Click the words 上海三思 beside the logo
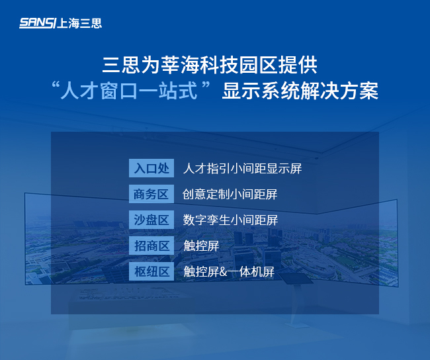click(80, 23)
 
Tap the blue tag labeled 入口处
click(151, 168)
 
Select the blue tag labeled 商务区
click(151, 194)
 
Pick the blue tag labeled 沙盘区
click(151, 220)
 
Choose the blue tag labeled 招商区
click(151, 246)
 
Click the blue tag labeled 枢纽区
click(151, 271)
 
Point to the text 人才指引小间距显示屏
click(242, 168)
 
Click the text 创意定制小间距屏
click(230, 194)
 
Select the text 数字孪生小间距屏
click(230, 220)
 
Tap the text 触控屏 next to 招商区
click(201, 246)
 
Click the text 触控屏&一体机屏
click(229, 271)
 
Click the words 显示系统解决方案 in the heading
click(300, 91)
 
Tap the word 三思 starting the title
click(119, 66)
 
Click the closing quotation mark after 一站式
click(210, 86)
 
